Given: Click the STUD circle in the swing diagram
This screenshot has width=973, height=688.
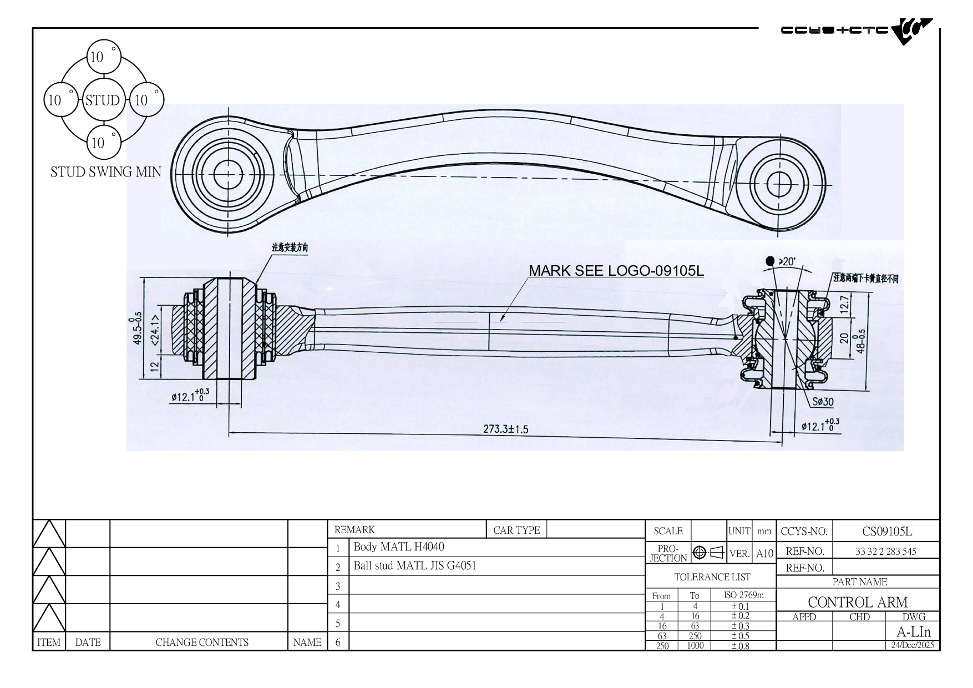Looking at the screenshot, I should click(103, 100).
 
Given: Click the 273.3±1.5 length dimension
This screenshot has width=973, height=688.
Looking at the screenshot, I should click(506, 429).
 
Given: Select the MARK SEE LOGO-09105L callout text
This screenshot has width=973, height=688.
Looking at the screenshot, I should click(616, 271).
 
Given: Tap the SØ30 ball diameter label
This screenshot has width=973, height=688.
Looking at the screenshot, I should click(823, 402).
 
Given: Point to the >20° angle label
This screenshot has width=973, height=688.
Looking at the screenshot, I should click(787, 261).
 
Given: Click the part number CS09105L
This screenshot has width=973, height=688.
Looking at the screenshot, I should click(886, 531).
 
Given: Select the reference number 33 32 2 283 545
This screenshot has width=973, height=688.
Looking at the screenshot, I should click(886, 551).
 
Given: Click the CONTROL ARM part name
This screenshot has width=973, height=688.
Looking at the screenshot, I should click(858, 602).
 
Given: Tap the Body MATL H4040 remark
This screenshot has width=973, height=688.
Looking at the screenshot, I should click(399, 547).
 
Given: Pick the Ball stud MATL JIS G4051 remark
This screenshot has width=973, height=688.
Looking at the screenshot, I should click(415, 566).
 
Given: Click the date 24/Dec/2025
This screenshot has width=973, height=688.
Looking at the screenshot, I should click(913, 645).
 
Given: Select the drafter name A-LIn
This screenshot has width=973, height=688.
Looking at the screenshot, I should click(914, 632).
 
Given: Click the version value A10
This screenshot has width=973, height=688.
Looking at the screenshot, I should click(764, 553).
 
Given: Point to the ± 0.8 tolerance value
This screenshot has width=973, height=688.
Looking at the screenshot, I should click(741, 646).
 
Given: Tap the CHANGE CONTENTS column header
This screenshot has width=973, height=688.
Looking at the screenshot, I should click(202, 642).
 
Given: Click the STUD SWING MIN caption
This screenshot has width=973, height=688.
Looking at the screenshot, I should click(105, 172).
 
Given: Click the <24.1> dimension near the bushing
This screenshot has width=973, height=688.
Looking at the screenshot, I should click(156, 329).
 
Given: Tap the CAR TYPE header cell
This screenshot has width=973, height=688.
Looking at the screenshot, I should click(516, 530).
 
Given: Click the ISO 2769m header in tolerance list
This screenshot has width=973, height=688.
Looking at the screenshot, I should click(743, 595).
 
